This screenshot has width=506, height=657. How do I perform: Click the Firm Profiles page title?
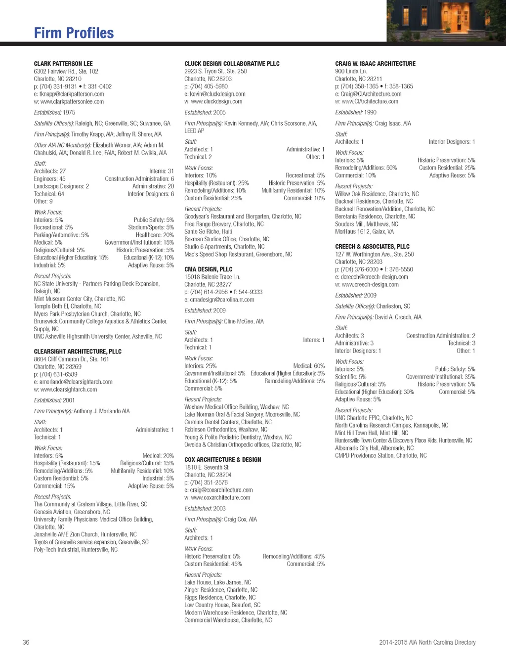[x=74, y=33]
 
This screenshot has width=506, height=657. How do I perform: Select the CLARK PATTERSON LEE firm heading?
[x=63, y=64]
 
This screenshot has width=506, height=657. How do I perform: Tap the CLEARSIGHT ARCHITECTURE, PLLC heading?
[x=78, y=351]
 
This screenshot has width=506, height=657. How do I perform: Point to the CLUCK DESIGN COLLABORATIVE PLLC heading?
[x=232, y=64]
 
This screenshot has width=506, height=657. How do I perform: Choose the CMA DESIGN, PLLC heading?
[x=208, y=269]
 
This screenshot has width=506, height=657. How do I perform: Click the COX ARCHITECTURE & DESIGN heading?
[x=222, y=460]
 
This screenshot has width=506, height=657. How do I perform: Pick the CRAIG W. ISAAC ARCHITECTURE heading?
[x=375, y=64]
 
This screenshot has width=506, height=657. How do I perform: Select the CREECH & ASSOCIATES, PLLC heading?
[x=372, y=247]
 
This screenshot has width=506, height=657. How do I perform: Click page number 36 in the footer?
[x=26, y=642]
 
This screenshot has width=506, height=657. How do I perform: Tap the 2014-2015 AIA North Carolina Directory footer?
[x=427, y=642]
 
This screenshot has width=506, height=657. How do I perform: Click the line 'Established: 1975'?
[x=54, y=113]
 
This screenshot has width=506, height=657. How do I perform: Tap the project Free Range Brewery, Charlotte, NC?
[x=224, y=224]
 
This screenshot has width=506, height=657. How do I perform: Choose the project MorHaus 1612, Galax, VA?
[x=364, y=231]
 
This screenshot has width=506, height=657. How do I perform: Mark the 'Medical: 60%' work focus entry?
[x=309, y=366]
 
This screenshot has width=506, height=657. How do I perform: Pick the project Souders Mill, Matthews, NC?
[x=366, y=224]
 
